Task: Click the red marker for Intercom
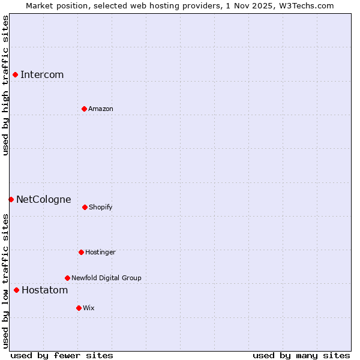(x=15, y=74)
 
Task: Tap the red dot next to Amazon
(x=84, y=109)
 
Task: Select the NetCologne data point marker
(x=11, y=199)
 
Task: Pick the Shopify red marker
(x=85, y=207)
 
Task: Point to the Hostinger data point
(x=81, y=252)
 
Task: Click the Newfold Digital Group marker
(x=67, y=278)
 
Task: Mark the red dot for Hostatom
(x=16, y=290)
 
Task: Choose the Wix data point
(x=79, y=308)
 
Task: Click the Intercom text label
(x=42, y=75)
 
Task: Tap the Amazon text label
(x=101, y=109)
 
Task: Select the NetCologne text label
(x=43, y=200)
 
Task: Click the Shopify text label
(x=100, y=208)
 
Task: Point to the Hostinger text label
(x=100, y=253)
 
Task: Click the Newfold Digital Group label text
(x=106, y=278)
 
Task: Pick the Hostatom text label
(x=44, y=291)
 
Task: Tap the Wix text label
(x=89, y=308)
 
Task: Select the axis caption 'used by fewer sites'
(x=62, y=356)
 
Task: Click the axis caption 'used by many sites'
(x=301, y=356)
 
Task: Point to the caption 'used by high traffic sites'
(x=5, y=85)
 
